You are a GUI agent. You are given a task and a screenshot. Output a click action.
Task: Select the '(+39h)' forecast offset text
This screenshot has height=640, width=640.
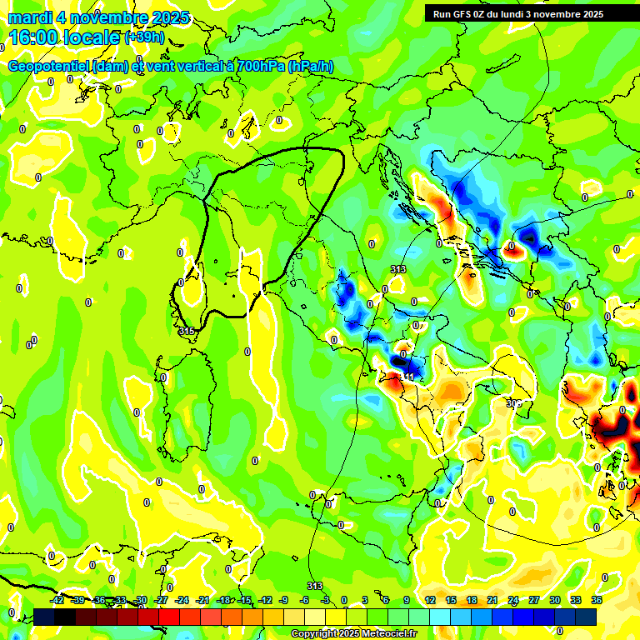pyautogui.click(x=144, y=38)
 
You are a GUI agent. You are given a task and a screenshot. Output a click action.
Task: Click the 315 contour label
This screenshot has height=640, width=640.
pyautogui.click(x=187, y=332)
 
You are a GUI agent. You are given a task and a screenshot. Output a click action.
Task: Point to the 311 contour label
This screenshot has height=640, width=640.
pyautogui.click(x=407, y=377)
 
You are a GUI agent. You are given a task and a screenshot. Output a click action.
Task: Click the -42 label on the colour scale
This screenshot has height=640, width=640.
pyautogui.click(x=57, y=600)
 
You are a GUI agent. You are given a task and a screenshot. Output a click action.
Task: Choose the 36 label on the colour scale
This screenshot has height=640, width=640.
pyautogui.click(x=597, y=600)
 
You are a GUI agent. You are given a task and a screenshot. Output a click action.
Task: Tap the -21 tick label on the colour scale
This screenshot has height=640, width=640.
pyautogui.click(x=202, y=600)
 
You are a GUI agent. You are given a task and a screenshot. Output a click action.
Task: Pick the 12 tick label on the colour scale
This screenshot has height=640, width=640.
pyautogui.click(x=430, y=600)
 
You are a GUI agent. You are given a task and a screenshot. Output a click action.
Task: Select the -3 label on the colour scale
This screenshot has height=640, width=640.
pyautogui.click(x=326, y=600)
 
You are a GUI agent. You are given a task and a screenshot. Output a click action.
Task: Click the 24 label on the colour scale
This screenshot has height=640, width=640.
pyautogui.click(x=513, y=600)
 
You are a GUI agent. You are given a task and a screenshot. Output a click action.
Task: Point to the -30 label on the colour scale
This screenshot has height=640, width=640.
pyautogui.click(x=140, y=600)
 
